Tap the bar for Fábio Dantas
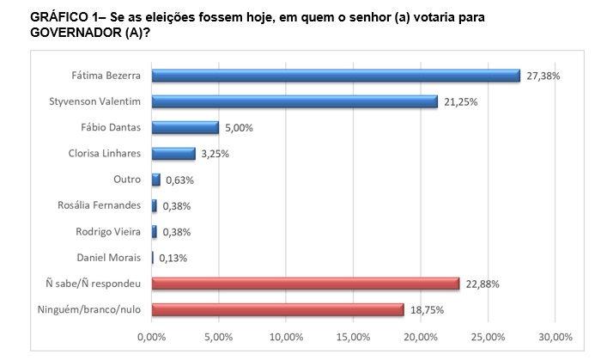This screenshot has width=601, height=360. [x=185, y=128]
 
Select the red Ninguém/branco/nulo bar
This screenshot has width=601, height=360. [x=277, y=308]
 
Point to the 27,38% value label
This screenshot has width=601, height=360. [x=543, y=76]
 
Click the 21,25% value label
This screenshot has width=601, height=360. [x=460, y=101]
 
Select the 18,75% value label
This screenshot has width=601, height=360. [x=427, y=309]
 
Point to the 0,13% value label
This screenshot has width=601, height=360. [x=172, y=258]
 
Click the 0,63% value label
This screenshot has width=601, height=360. [x=180, y=180]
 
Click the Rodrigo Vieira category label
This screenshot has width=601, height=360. [x=108, y=231]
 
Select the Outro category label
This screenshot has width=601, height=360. [x=126, y=180]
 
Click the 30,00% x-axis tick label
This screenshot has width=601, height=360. [x=555, y=335]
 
